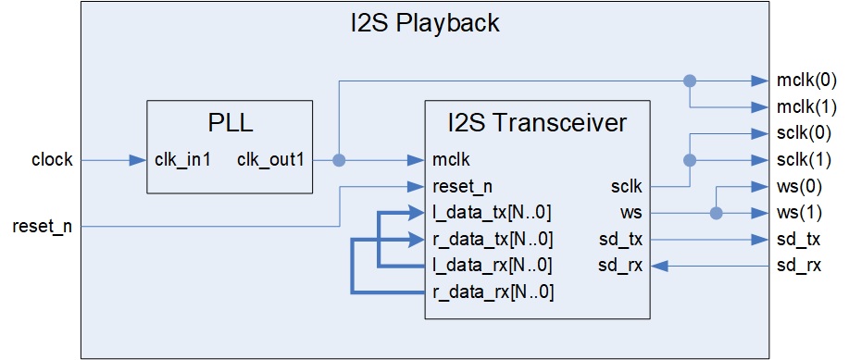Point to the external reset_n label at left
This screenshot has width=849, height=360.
click(43, 226)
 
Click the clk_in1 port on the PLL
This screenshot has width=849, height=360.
click(183, 160)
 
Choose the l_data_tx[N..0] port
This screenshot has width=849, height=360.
click(493, 212)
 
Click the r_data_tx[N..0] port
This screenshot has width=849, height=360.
click(493, 239)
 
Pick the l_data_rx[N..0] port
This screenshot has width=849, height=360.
click(493, 266)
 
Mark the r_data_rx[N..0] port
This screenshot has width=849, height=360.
click(493, 292)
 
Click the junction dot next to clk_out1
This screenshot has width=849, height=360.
click(339, 160)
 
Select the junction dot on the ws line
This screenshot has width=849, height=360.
click(715, 213)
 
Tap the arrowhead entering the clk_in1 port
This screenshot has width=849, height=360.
click(139, 160)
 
